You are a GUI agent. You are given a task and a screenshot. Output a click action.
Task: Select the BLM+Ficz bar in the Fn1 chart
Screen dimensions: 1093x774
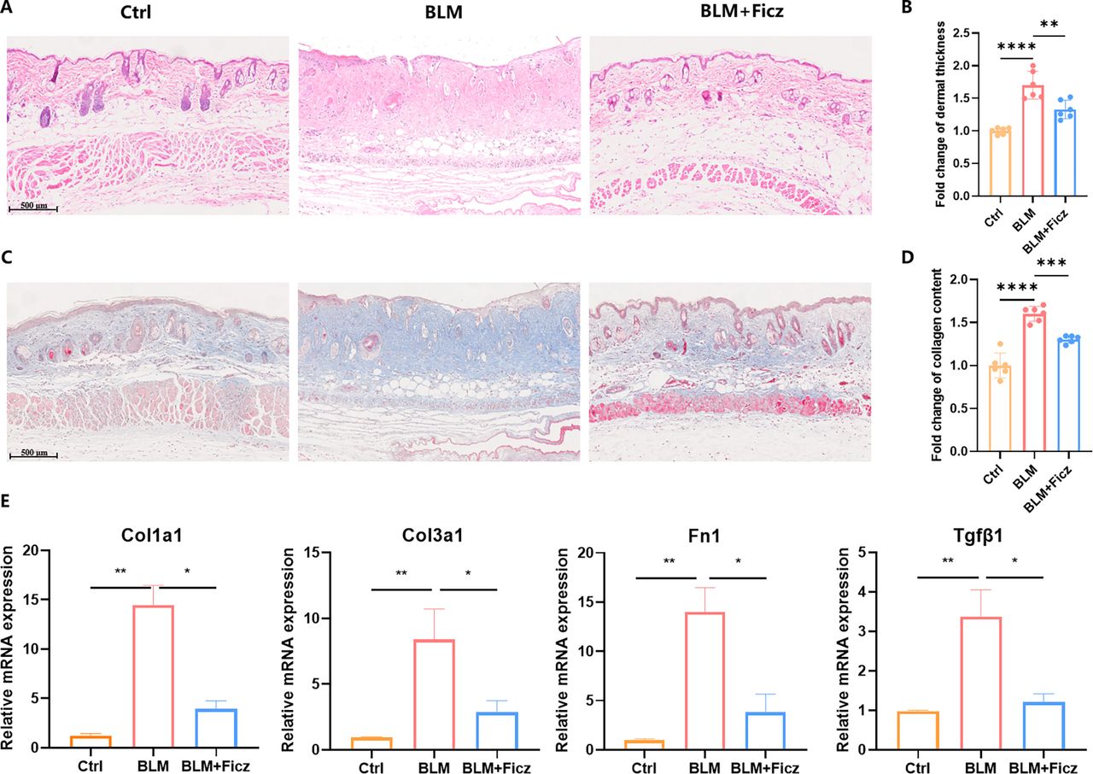pyautogui.click(x=766, y=731)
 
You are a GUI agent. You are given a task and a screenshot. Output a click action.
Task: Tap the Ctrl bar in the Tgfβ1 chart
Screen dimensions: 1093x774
pyautogui.click(x=917, y=730)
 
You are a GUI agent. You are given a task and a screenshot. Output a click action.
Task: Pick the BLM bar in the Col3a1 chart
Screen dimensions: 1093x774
pyautogui.click(x=434, y=695)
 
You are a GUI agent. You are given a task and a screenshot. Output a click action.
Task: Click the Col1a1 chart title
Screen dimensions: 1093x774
pyautogui.click(x=152, y=536)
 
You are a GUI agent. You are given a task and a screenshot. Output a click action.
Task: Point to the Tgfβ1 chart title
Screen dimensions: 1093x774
pyautogui.click(x=979, y=536)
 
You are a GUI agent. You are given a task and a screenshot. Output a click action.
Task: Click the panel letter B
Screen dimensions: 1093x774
pyautogui.click(x=907, y=8)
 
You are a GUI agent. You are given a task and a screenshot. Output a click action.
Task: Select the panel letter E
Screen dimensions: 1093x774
pyautogui.click(x=5, y=501)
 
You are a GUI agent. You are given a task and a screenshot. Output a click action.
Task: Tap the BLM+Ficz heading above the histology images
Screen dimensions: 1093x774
pyautogui.click(x=742, y=11)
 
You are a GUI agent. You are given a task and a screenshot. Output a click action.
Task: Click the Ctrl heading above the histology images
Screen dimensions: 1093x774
pyautogui.click(x=136, y=12)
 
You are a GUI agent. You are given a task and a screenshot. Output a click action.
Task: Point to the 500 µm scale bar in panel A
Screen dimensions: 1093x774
pyautogui.click(x=33, y=209)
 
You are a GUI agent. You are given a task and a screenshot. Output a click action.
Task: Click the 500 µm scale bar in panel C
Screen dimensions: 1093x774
pyautogui.click(x=33, y=456)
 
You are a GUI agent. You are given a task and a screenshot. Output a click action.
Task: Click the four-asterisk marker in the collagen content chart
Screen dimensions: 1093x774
pyautogui.click(x=1017, y=287)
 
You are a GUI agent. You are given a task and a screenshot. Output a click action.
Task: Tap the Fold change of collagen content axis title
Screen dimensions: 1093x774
pyautogui.click(x=938, y=365)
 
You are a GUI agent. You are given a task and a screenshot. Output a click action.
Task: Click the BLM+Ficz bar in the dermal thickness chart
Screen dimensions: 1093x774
pyautogui.click(x=1065, y=153)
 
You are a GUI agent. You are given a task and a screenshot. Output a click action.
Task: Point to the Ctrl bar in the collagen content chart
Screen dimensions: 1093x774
pyautogui.click(x=1000, y=408)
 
